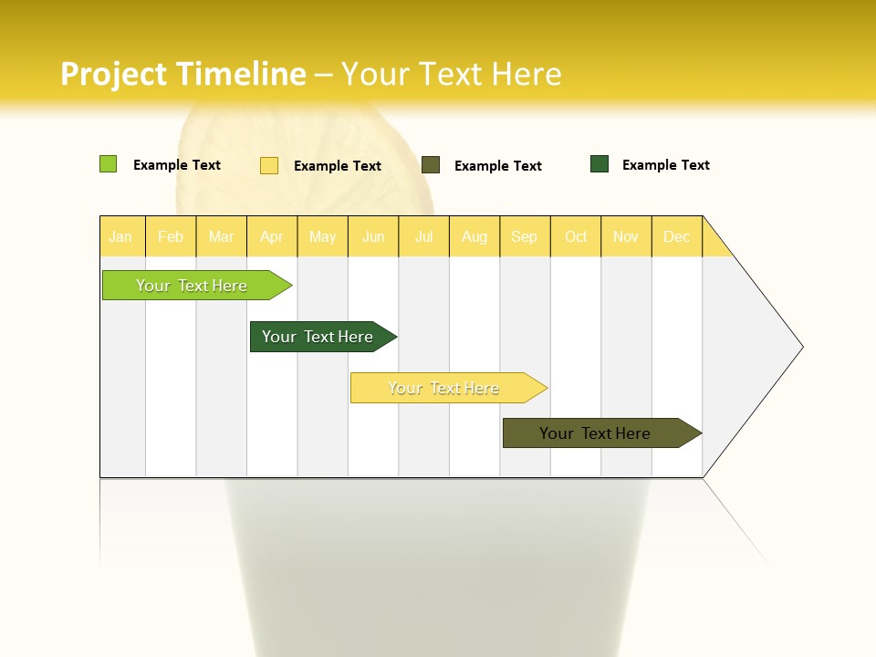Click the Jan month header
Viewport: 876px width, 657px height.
[120, 237]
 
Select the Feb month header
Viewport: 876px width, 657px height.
[171, 237]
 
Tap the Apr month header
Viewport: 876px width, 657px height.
[271, 237]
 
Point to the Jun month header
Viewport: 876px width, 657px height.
[373, 237]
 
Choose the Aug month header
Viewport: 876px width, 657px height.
[474, 237]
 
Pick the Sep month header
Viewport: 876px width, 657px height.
[524, 237]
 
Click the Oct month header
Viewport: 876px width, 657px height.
[576, 237]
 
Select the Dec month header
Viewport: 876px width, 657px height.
[676, 237]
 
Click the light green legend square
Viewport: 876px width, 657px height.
[108, 164]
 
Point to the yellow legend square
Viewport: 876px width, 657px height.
[269, 165]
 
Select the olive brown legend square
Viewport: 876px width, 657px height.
[431, 165]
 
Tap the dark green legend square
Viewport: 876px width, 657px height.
[600, 164]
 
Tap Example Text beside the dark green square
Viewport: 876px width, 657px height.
[665, 165]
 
